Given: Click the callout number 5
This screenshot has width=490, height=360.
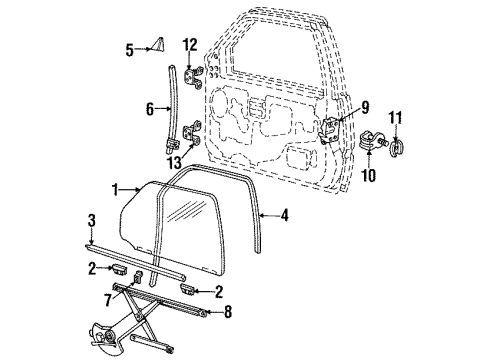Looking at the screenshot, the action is [x=130, y=50].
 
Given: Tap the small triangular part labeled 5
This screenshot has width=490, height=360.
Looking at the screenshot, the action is [x=159, y=46].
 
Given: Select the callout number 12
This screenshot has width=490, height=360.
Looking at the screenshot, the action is [x=190, y=45].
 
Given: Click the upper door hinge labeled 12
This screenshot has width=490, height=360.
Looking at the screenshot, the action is [x=193, y=77].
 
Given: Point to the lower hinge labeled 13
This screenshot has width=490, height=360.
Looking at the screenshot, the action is [x=192, y=132].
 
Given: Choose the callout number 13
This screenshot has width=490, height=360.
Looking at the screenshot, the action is [x=175, y=163].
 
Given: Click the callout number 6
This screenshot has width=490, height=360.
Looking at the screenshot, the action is [x=150, y=109].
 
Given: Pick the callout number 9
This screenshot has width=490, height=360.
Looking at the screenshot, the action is [x=365, y=107].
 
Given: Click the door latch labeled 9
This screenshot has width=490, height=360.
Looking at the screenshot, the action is [x=329, y=130].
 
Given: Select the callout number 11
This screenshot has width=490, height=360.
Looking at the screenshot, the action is [x=395, y=118].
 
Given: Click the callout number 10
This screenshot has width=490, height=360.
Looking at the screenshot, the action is [x=369, y=175].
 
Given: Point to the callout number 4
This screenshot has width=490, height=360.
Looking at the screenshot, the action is [x=284, y=215].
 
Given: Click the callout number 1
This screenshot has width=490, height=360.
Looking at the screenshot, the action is [x=115, y=190].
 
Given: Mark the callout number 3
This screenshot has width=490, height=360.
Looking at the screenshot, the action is [x=92, y=221].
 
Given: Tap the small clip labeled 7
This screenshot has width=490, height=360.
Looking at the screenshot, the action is [x=138, y=277].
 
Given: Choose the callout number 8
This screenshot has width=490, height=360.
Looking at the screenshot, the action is [x=228, y=312].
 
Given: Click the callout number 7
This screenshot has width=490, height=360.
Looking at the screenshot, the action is [x=107, y=300].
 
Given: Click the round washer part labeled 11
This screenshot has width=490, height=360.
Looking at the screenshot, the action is [x=396, y=147].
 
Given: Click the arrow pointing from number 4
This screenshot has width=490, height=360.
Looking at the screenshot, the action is [x=269, y=216].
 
